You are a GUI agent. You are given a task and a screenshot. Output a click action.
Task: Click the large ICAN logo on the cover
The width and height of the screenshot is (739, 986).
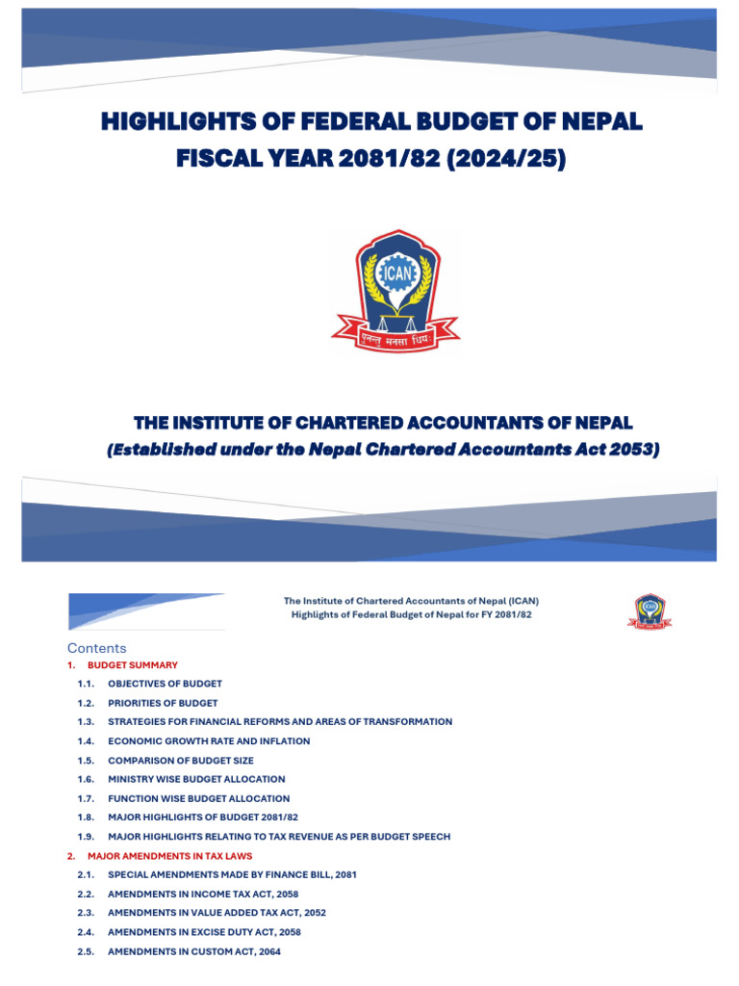(395, 287)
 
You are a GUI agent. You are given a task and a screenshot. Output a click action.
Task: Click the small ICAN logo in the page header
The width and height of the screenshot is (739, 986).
(650, 610)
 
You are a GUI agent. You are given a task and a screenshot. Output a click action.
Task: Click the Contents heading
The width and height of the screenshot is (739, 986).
(96, 648)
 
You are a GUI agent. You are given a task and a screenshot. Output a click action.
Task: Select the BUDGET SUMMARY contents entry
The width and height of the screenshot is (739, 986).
(133, 665)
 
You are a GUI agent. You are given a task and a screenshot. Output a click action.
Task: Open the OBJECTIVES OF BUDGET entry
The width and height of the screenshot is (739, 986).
(165, 684)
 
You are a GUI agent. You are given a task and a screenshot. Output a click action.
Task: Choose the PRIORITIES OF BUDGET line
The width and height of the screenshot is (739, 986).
(163, 703)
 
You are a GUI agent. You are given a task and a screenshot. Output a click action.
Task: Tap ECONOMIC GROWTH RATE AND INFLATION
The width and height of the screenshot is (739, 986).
(209, 741)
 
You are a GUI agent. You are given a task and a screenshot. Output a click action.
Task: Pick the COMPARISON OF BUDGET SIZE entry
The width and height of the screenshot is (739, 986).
(181, 761)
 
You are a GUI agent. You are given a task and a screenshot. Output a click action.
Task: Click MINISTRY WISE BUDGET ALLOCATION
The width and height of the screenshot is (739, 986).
(196, 779)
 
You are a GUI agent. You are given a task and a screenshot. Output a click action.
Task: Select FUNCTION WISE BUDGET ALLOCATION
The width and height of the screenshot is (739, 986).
(198, 798)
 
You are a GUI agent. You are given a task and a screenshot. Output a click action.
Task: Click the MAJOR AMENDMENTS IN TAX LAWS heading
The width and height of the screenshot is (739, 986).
(169, 856)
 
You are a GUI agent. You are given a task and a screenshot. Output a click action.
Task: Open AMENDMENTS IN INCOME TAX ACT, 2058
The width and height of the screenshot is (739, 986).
(203, 895)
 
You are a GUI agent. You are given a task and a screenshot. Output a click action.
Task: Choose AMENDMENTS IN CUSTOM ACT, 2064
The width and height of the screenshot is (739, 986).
(193, 951)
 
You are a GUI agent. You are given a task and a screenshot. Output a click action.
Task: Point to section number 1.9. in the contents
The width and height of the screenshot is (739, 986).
(87, 837)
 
